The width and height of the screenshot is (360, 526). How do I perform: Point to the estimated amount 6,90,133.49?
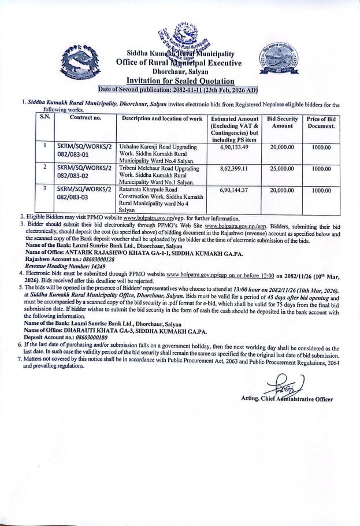point(233,147)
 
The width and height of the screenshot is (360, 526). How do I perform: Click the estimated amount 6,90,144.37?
point(233,188)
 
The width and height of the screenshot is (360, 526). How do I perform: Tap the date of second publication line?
point(178,90)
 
